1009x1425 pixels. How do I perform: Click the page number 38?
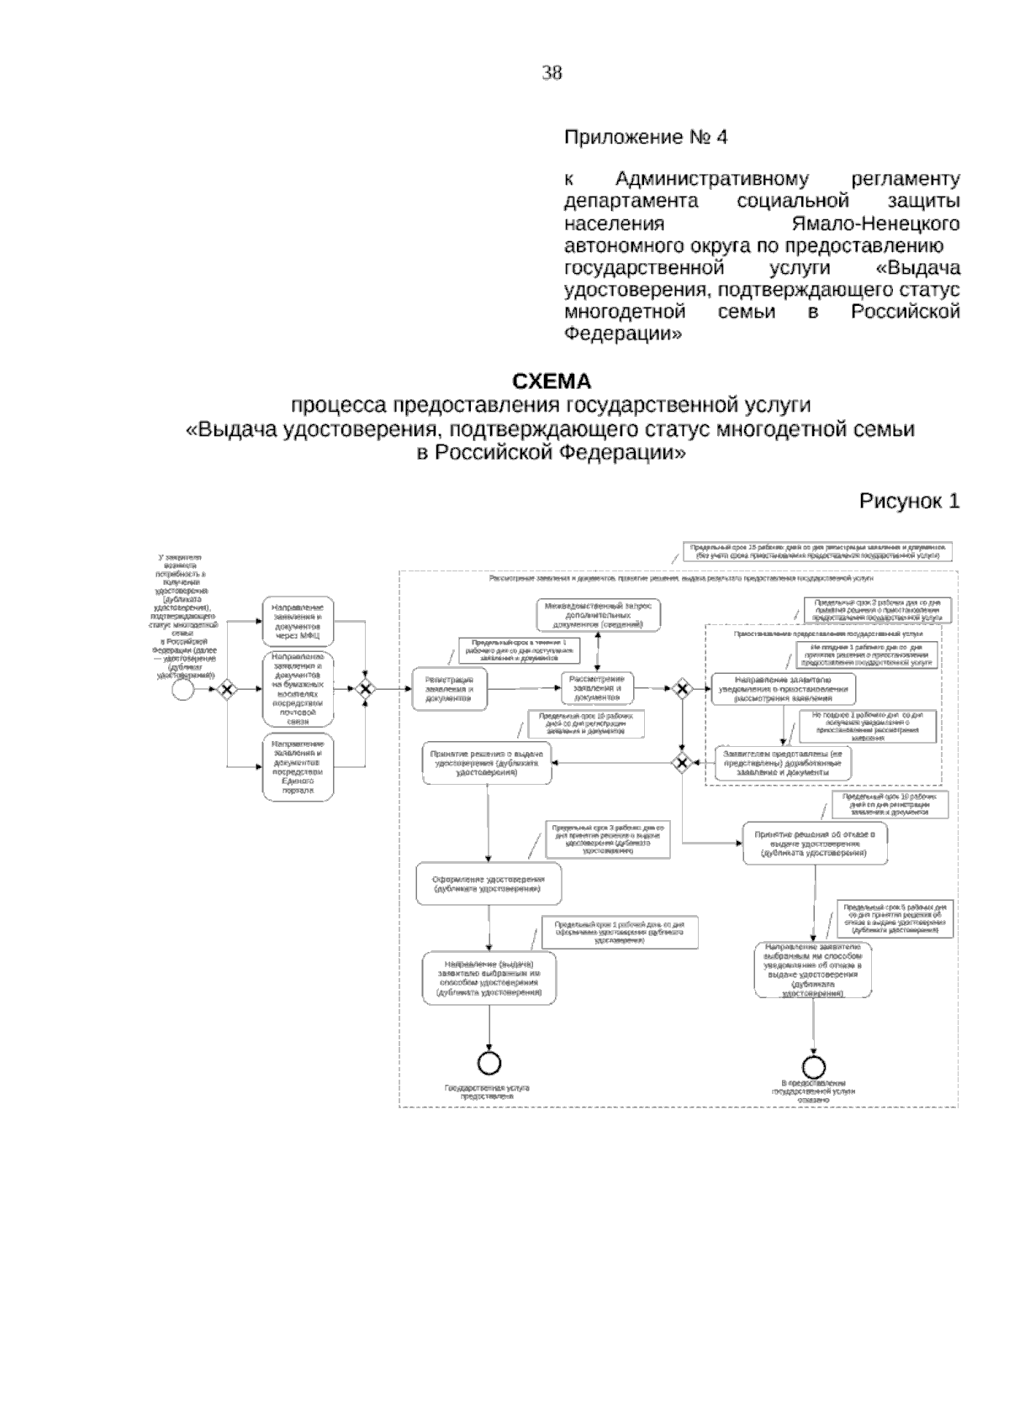[552, 73]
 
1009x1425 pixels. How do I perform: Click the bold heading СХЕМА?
[552, 382]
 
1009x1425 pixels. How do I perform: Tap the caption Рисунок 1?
[908, 502]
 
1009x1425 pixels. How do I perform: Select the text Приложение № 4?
[645, 138]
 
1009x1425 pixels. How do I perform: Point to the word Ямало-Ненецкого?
[876, 224]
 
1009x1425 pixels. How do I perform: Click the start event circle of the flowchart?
[182, 690]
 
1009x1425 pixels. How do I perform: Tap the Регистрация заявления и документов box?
[449, 689]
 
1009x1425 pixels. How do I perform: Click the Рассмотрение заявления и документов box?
[597, 688]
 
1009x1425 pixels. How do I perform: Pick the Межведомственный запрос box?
[598, 616]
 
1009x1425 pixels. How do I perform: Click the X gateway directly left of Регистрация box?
[364, 690]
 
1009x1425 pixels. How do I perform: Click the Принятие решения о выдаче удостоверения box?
[488, 762]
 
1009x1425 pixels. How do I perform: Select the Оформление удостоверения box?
[489, 884]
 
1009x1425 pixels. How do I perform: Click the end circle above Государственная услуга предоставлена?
[489, 1063]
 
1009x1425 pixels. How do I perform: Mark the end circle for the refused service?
[813, 1065]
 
